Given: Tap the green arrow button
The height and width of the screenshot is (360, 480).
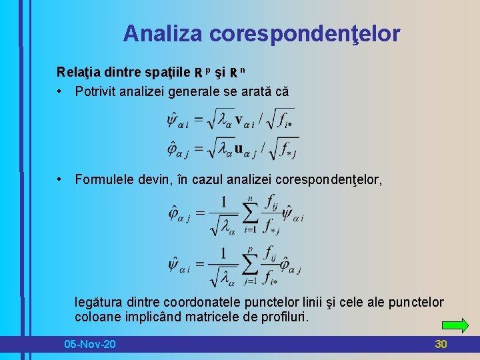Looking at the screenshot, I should point(455,325).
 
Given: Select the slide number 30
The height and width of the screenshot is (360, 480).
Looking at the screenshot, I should point(441,344).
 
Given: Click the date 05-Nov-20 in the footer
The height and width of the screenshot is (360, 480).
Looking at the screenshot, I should point(89,344).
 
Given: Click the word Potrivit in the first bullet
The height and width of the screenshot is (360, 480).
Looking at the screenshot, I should point(97,91).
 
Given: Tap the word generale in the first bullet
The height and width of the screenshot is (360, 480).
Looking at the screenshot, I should point(195,91).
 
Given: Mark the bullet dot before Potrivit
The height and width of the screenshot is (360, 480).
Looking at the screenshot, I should point(60,91).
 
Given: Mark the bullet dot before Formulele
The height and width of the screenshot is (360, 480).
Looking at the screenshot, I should point(60,179).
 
